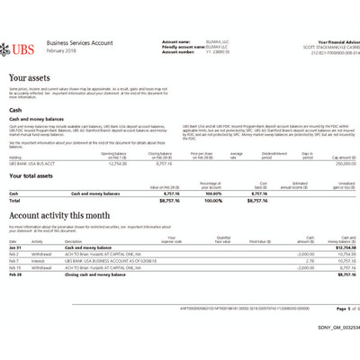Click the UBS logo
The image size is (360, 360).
point(20,47)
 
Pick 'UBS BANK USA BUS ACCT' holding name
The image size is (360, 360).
point(32,163)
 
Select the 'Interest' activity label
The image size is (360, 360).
point(39,261)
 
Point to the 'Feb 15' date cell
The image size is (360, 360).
point(15,267)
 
